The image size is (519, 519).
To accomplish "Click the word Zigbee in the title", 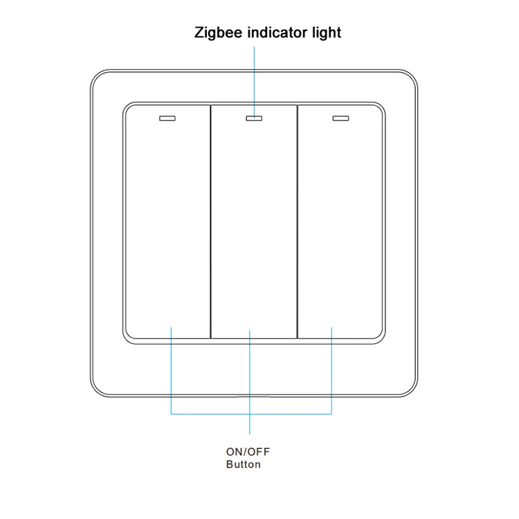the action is [x=218, y=33].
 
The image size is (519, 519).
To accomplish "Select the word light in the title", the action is [x=327, y=33].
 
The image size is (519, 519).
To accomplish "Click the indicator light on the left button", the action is [x=167, y=118].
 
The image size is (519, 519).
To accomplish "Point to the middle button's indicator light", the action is [x=254, y=118].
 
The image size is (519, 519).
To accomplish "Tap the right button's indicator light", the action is [x=340, y=118].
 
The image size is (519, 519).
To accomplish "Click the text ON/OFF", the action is [x=248, y=452].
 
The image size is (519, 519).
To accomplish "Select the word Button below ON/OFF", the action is [x=244, y=464].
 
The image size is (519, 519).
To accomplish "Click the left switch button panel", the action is [x=168, y=221].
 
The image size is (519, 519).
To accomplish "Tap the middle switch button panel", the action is [x=254, y=221].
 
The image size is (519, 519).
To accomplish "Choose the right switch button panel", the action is [x=340, y=221].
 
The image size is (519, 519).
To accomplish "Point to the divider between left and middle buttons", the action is [x=211, y=221].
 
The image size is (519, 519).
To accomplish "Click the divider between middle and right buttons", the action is [x=298, y=221].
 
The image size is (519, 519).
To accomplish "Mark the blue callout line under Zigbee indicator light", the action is [x=254, y=82].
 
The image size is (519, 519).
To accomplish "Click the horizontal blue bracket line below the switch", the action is [x=251, y=414].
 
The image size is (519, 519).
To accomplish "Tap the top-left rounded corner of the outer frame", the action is [x=96, y=76].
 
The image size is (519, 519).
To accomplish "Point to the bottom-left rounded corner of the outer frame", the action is [x=96, y=391].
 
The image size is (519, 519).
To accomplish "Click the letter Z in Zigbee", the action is [x=199, y=33].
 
